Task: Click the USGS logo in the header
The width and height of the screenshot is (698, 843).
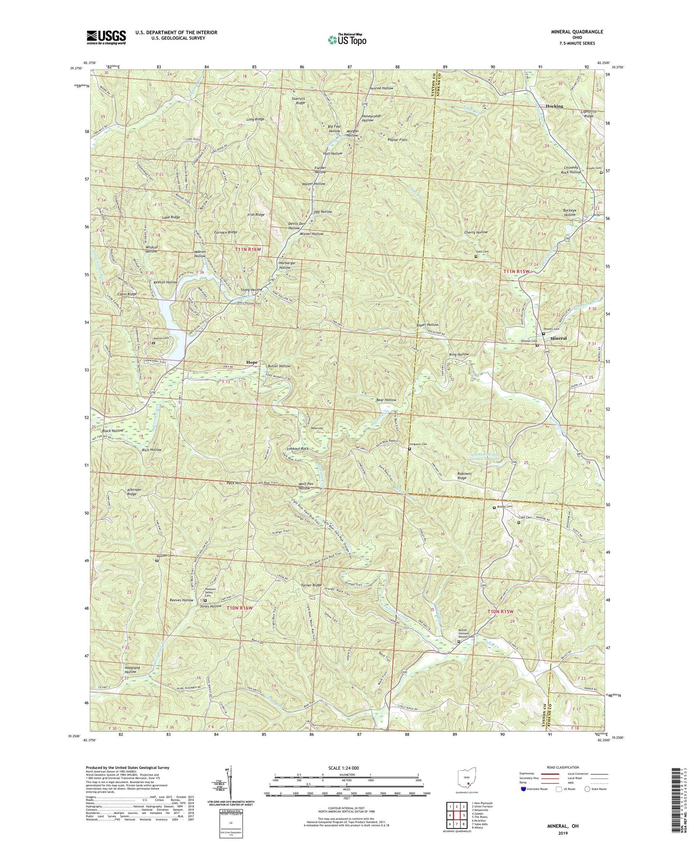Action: pyautogui.click(x=106, y=37)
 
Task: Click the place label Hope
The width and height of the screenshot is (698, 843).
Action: pyautogui.click(x=252, y=362)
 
